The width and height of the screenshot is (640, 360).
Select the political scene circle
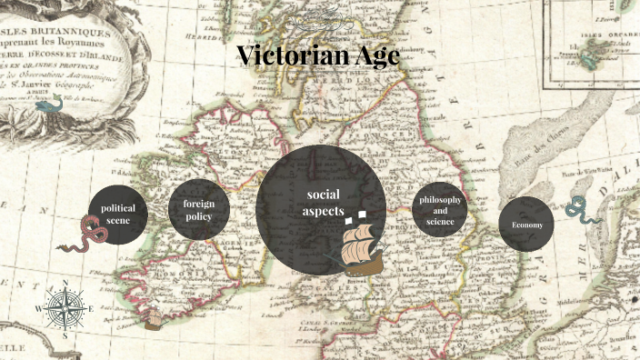point(118,215)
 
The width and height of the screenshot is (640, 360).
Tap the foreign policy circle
point(198,210)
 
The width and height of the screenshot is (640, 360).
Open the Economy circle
point(526,224)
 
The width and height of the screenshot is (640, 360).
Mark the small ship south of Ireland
point(154,318)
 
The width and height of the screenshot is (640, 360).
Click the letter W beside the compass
point(38,310)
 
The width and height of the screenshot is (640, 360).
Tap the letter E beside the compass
point(91,310)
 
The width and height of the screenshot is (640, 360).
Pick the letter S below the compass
point(65,335)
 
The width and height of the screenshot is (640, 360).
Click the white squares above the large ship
point(355,216)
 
